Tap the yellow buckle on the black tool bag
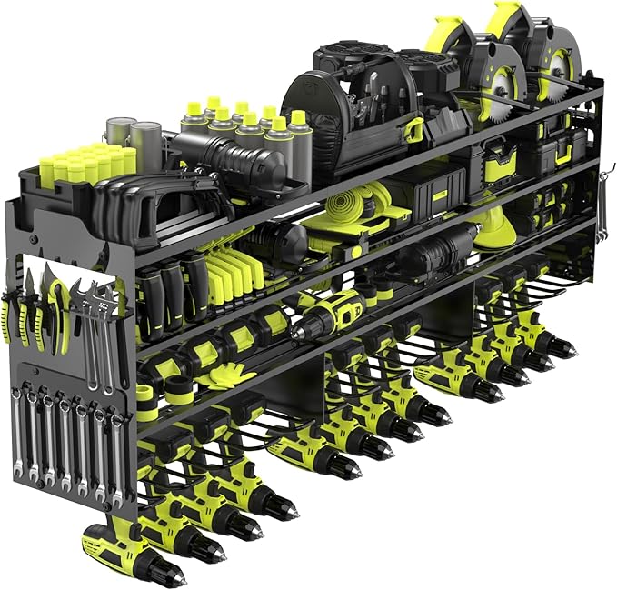click(414, 126)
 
